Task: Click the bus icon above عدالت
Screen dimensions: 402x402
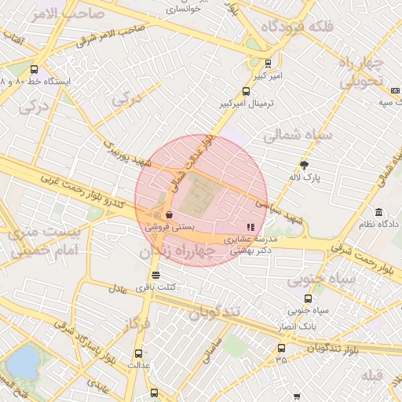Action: click(x=139, y=354)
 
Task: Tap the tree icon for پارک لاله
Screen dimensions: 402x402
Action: click(x=305, y=165)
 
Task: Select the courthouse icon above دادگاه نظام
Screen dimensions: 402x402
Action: click(x=379, y=213)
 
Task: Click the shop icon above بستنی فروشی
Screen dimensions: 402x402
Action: click(x=170, y=214)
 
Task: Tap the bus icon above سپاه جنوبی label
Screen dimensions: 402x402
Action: click(x=308, y=298)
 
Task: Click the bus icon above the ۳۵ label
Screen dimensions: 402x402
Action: click(x=280, y=348)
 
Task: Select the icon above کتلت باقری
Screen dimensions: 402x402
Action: click(x=155, y=276)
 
